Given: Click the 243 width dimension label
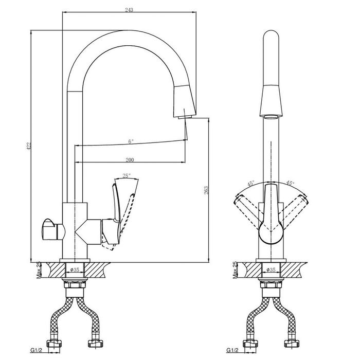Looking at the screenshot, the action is [x=129, y=10].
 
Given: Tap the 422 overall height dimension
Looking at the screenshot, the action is [x=29, y=146].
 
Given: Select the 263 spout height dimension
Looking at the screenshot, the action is [x=206, y=190].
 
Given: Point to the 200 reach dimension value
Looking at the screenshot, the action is [x=130, y=160].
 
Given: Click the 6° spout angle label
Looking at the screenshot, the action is [x=131, y=141].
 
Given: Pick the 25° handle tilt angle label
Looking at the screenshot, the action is [x=127, y=176].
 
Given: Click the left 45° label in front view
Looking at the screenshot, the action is [x=251, y=184].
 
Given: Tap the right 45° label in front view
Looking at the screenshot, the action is [x=290, y=183].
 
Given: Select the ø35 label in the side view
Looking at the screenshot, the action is [x=75, y=270].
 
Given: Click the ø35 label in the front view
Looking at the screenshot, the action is [x=271, y=270].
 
